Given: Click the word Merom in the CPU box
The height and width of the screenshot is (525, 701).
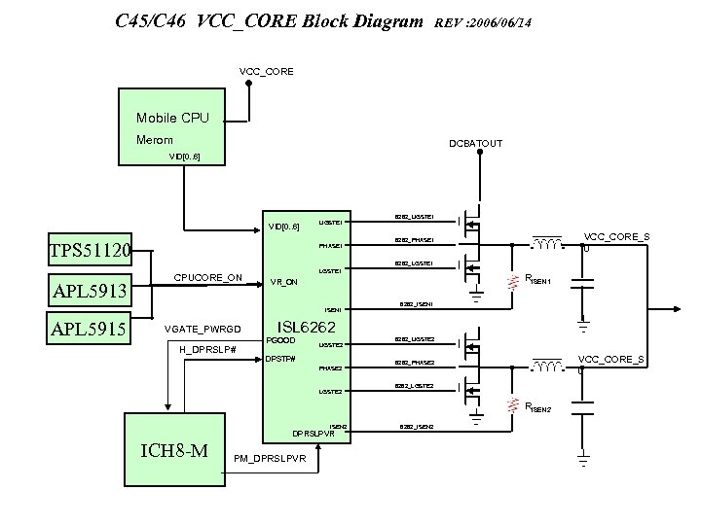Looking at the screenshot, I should click(x=154, y=141).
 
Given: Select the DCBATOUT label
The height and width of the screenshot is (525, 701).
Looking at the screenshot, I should click(x=475, y=143).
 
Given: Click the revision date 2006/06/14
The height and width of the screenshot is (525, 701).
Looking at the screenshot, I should click(x=501, y=21).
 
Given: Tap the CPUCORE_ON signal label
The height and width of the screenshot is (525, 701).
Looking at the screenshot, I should click(x=208, y=277).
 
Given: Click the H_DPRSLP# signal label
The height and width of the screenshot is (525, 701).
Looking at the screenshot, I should click(x=208, y=349).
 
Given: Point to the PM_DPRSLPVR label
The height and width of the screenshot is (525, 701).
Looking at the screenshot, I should click(x=270, y=457).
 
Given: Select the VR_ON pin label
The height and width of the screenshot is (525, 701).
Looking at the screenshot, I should click(x=284, y=283).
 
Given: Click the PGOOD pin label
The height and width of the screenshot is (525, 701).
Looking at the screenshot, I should click(x=280, y=340).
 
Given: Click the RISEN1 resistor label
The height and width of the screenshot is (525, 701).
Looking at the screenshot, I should click(x=538, y=281).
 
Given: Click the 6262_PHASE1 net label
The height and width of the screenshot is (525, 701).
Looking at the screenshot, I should click(x=414, y=239).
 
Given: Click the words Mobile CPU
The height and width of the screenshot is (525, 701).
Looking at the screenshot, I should click(x=172, y=119).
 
